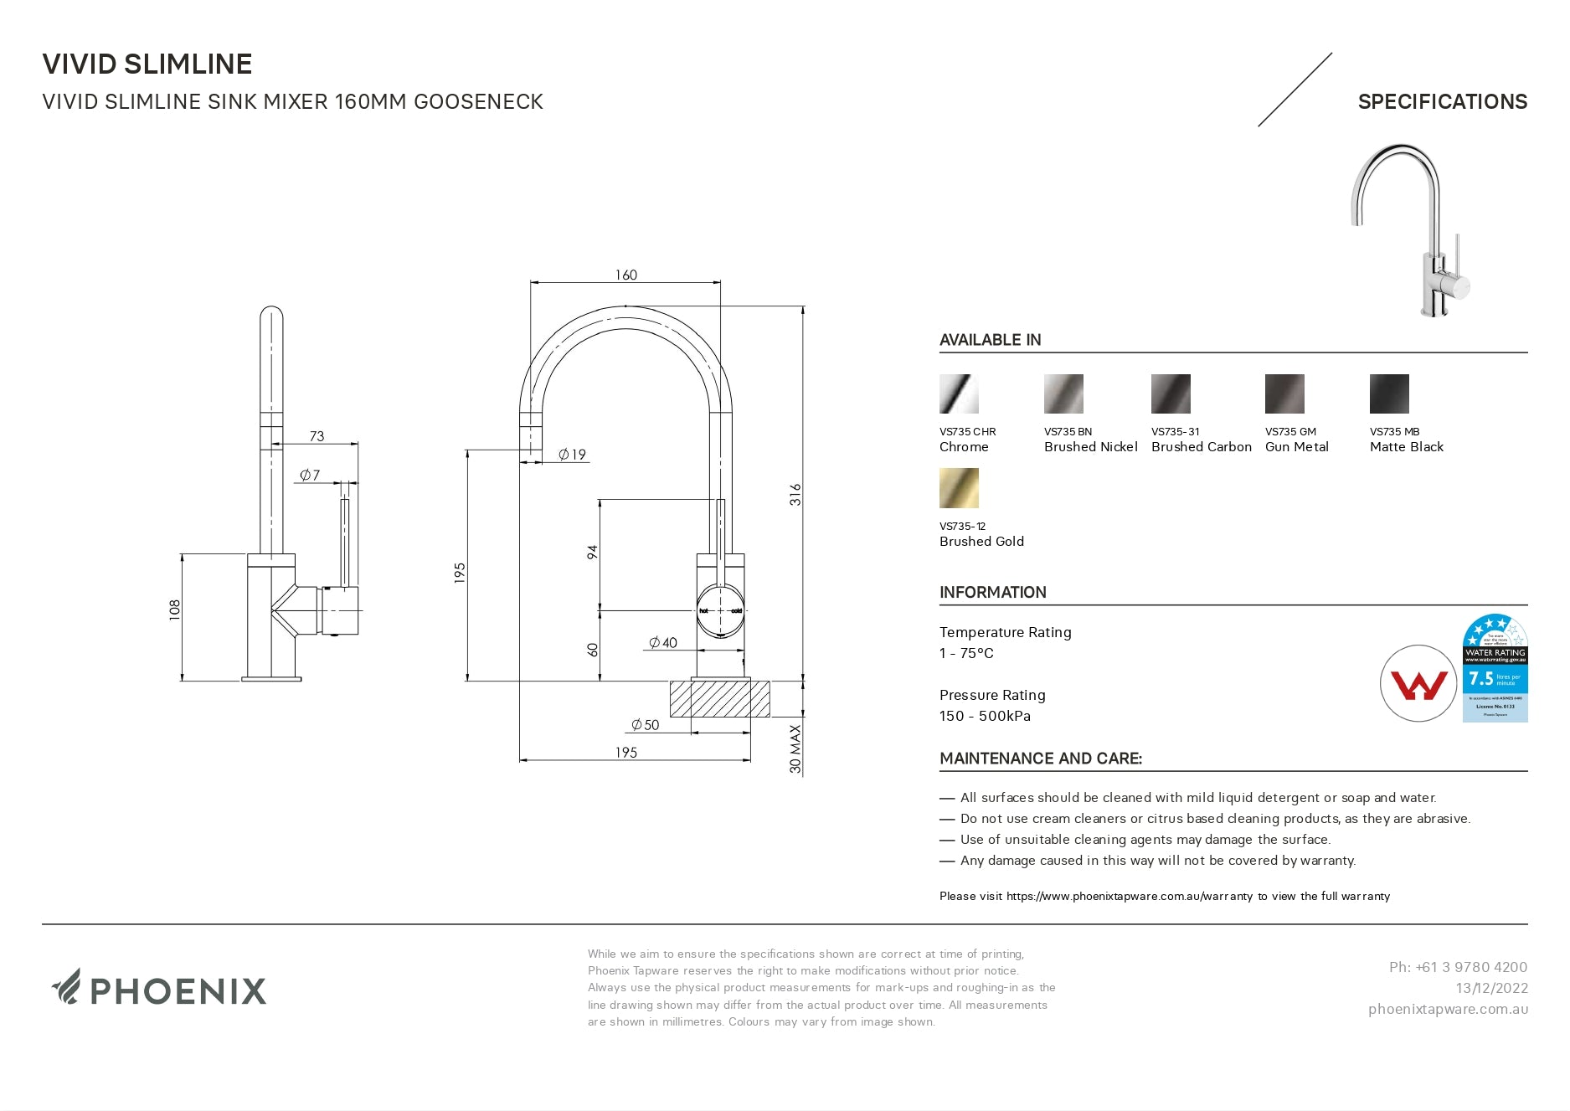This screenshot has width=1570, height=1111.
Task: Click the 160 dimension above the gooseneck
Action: point(625,275)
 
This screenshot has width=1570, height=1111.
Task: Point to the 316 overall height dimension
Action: point(795,494)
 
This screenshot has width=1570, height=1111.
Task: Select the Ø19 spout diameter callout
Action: point(573,455)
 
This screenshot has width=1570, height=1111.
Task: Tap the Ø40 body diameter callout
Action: point(663,643)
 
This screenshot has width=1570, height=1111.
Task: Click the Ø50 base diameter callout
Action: point(646,725)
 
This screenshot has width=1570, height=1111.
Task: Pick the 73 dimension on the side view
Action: point(317,436)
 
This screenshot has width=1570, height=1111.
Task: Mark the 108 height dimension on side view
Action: point(174,609)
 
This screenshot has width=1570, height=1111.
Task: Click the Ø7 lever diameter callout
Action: point(310,475)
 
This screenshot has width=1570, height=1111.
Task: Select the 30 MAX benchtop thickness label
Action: point(795,748)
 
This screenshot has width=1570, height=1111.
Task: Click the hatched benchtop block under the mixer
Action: point(719,699)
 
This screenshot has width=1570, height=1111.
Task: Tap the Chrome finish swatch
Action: point(959,394)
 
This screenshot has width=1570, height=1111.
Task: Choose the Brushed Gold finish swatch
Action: point(959,488)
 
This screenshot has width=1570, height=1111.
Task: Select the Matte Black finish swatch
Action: point(1389,394)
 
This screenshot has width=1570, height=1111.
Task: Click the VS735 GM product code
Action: point(1290,432)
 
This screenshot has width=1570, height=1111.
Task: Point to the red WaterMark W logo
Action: point(1418,684)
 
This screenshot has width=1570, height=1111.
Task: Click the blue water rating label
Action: point(1495,668)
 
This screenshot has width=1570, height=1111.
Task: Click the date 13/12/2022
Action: point(1491,988)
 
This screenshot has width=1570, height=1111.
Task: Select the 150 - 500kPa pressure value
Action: point(985,716)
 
